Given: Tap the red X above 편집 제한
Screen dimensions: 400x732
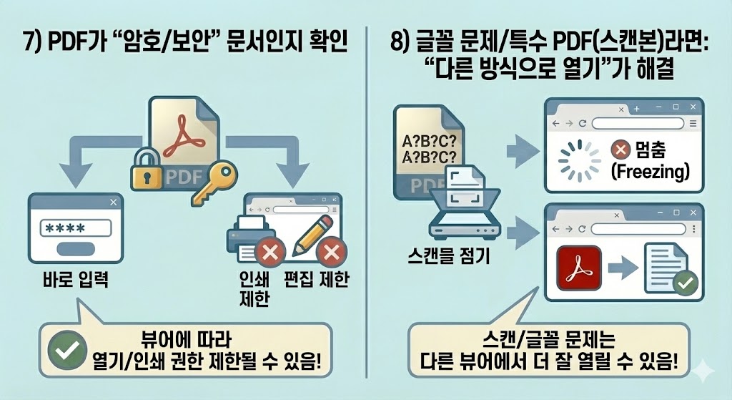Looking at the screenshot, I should [331, 252].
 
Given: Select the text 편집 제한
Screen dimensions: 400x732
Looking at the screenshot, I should [316, 278].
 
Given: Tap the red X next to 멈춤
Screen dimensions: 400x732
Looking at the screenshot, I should [620, 150].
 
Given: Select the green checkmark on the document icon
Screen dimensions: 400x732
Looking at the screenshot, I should [685, 283].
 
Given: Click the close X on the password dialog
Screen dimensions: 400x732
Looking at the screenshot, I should [113, 203].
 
